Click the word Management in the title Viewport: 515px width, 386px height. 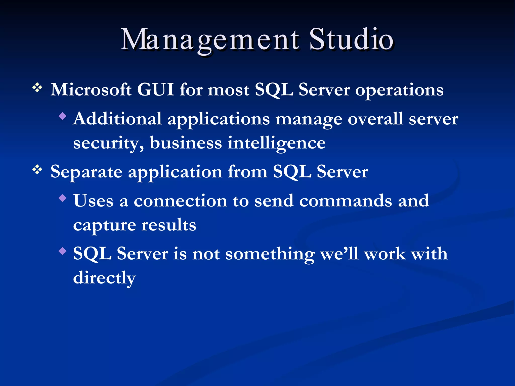point(210,40)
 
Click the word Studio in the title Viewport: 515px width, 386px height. point(351,40)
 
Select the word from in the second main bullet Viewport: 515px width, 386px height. point(247,172)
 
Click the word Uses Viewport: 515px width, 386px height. point(93,201)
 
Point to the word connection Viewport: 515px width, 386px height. point(180,201)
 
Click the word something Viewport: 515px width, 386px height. point(270,254)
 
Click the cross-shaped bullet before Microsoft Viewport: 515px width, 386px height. point(37,88)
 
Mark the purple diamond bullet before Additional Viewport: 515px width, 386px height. point(62,116)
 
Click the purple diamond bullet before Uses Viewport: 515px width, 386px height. point(62,198)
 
